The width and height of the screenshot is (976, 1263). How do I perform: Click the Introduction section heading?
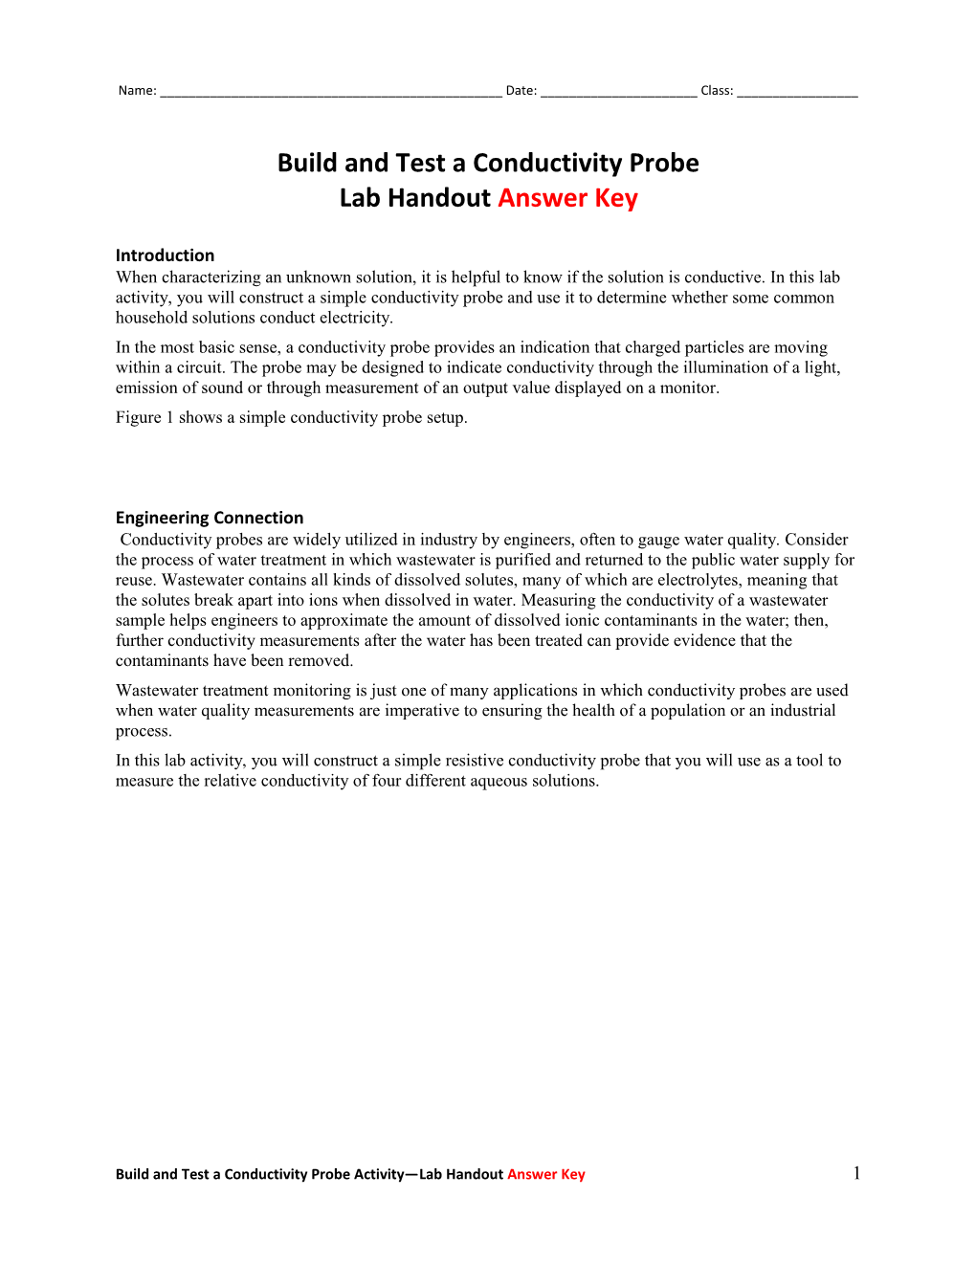coord(165,255)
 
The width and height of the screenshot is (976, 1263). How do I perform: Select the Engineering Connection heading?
coord(210,518)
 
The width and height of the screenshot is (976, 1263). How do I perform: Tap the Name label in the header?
coord(136,91)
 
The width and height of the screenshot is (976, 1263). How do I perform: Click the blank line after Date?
coord(618,93)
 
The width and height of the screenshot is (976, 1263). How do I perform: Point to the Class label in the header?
coord(716,91)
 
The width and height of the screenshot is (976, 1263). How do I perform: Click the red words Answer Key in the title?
coord(567,198)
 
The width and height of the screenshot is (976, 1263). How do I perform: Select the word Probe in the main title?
coord(657,163)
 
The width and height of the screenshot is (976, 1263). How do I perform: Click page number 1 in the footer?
coord(856,1173)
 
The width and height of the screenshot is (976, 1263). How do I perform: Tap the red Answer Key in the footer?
coord(545,1174)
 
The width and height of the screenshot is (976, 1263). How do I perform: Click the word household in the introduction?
coord(154,318)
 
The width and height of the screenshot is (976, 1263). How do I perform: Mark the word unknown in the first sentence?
coord(318,277)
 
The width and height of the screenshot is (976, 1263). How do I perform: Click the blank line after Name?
coord(330,93)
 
